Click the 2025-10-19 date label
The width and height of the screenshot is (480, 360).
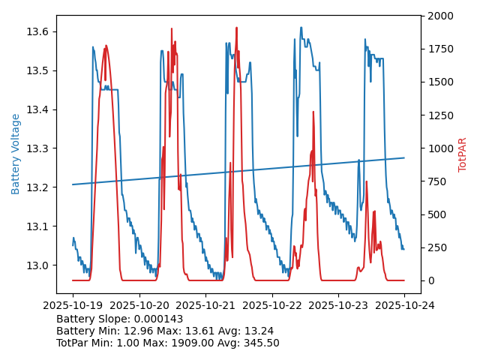pyautogui.click(x=73, y=305)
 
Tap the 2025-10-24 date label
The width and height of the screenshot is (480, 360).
pyautogui.click(x=404, y=305)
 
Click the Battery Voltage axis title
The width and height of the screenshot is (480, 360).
pyautogui.click(x=16, y=154)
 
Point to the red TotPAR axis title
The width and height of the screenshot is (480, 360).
pyautogui.click(x=463, y=154)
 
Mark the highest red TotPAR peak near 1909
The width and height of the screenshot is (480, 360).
pyautogui.click(x=236, y=28)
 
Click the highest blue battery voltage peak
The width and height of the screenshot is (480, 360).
pyautogui.click(x=301, y=28)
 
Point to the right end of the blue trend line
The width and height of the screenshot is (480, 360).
pyautogui.click(x=404, y=157)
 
